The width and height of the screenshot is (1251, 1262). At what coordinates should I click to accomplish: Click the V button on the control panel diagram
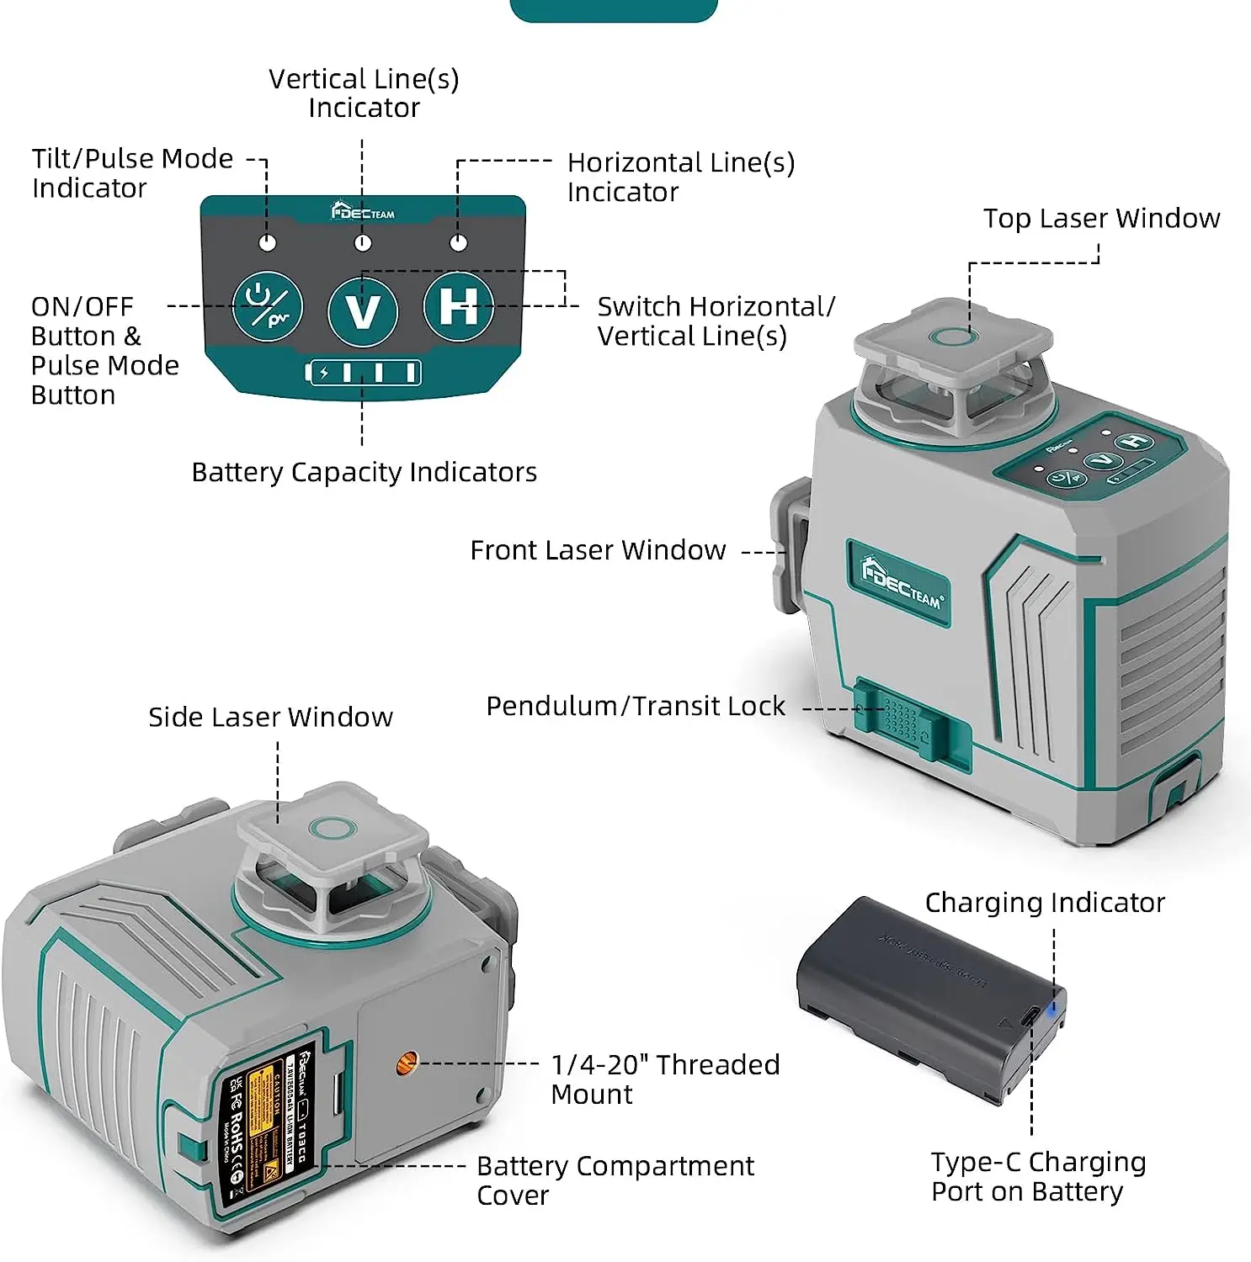(363, 311)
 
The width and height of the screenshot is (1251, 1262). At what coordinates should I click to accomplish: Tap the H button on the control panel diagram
(458, 306)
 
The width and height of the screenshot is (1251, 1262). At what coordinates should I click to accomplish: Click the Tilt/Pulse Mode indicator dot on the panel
(268, 243)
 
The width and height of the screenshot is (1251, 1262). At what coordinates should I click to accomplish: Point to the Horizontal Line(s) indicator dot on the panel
(458, 243)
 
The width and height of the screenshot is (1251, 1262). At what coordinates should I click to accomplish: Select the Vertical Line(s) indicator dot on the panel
(363, 243)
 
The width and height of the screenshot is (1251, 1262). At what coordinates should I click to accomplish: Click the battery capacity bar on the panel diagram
(363, 373)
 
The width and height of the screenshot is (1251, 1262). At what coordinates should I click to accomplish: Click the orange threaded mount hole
(407, 1063)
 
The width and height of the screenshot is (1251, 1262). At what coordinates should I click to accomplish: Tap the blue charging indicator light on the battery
(1051, 1007)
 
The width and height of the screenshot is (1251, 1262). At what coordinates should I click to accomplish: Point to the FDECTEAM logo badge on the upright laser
(898, 583)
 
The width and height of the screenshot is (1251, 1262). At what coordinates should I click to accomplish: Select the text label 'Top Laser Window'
(1101, 219)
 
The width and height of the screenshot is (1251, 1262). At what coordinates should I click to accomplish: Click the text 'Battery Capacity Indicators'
(364, 473)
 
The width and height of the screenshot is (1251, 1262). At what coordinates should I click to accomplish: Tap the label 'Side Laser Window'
(270, 718)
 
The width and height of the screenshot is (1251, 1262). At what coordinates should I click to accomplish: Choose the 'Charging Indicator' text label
(1045, 903)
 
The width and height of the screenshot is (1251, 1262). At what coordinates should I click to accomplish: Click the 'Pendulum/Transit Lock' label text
(636, 707)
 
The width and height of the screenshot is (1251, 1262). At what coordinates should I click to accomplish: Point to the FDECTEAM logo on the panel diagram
(363, 211)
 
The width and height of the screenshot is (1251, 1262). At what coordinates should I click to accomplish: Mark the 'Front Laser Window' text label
(598, 551)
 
